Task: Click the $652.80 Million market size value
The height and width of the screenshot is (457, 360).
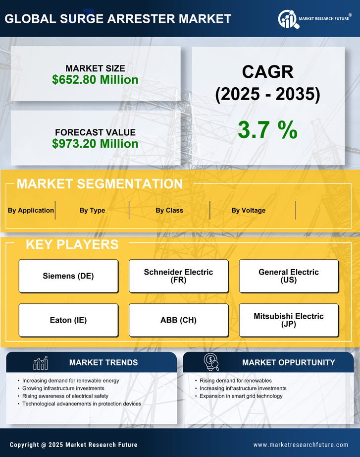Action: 95,80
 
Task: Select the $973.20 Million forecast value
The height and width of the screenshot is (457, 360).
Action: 95,144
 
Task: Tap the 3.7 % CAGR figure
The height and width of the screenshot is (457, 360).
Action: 267,129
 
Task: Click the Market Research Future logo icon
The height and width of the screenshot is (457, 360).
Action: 288,19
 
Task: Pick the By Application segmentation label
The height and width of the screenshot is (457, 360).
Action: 31,210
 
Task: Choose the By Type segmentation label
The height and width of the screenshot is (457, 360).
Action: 92,210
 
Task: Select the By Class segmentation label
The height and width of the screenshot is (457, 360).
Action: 169,210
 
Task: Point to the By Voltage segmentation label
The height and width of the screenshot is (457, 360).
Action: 248,210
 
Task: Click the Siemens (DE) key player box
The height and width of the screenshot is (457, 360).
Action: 68,276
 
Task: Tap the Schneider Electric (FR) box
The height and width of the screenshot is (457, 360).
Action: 178,276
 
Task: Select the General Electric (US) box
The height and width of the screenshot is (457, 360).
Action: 289,276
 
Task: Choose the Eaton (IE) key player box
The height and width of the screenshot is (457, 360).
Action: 68,320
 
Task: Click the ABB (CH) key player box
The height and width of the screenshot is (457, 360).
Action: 178,320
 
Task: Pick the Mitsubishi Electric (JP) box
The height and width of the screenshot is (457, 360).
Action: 289,320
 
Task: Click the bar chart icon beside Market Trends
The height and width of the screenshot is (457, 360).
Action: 40,363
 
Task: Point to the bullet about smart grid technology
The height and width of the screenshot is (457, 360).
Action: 241,396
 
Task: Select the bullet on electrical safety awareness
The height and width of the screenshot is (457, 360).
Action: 65,396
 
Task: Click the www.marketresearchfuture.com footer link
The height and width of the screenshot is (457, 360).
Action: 301,445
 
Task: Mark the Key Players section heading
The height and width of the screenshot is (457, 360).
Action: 72,244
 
